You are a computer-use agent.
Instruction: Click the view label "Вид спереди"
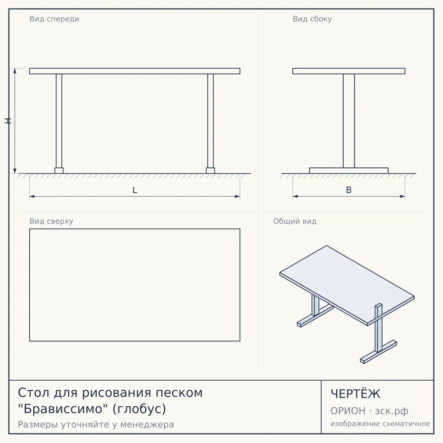point(54,19)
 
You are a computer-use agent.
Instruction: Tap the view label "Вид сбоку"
point(312,19)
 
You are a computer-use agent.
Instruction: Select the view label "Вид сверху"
point(51,221)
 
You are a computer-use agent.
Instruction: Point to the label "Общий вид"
point(295,221)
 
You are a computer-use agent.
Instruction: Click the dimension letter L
point(135,190)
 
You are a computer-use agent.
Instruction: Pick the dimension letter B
point(349,190)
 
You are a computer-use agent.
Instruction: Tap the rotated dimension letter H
point(8,121)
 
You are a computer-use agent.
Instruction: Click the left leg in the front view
point(59,121)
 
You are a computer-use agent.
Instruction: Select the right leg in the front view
point(210,121)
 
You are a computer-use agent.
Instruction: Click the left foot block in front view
point(59,171)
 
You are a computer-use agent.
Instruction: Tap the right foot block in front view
point(210,171)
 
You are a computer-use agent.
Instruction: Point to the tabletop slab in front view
point(135,71)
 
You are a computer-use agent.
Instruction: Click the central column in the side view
point(349,121)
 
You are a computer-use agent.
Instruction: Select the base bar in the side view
point(349,171)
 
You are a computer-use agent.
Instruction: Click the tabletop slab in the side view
point(349,71)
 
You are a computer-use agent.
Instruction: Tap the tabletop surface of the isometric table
point(347,285)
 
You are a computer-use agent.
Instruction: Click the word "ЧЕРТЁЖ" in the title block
point(356,394)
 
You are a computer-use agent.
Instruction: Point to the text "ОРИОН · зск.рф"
point(369,411)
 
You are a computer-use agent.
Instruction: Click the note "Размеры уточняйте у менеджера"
point(96,425)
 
